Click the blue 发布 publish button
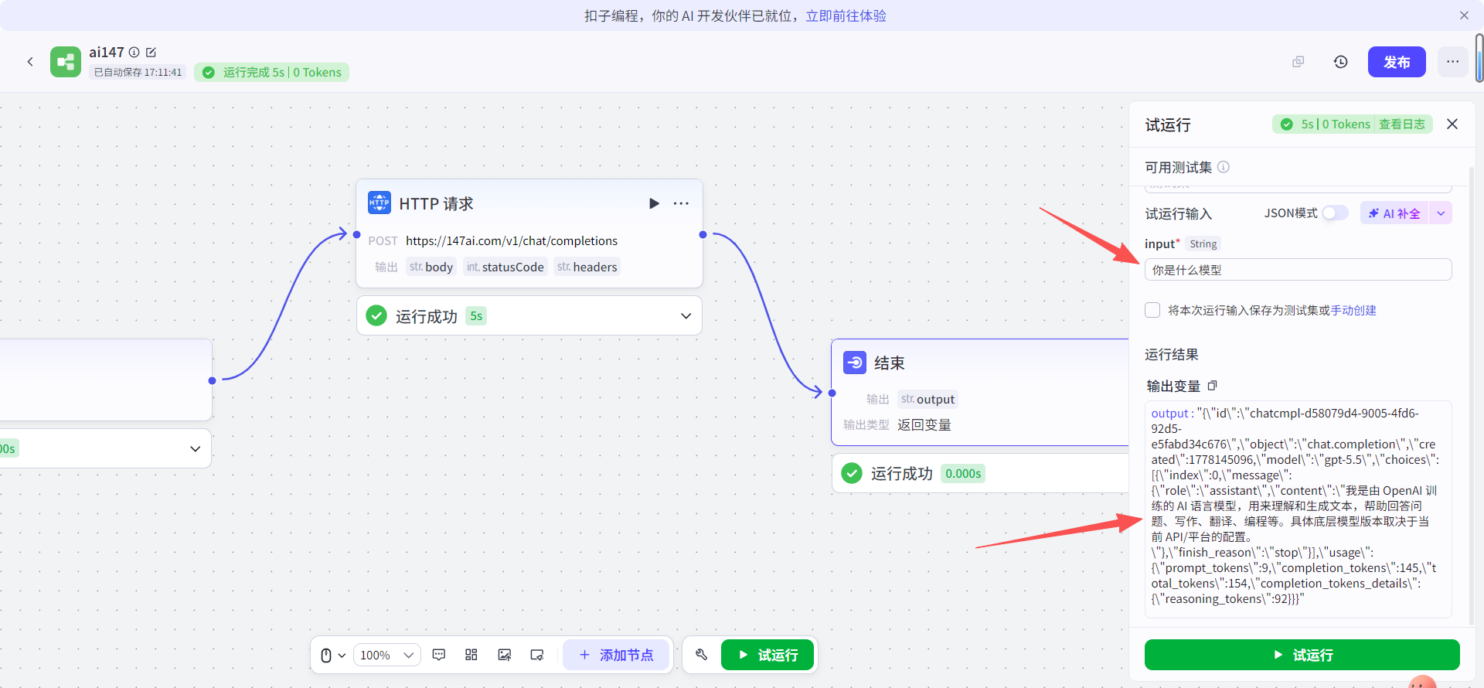pos(1397,62)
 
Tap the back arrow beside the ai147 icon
pos(30,62)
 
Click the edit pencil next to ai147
pos(151,53)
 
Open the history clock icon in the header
pos(1341,62)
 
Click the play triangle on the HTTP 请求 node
pos(654,203)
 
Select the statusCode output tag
pos(505,267)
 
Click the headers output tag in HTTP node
pos(587,267)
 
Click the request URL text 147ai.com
pos(512,241)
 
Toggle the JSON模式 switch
pos(1335,213)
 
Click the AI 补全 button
pos(1395,213)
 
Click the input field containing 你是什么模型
pos(1298,270)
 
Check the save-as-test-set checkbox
pos(1152,310)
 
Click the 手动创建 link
pos(1353,311)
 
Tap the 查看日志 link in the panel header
pos(1402,124)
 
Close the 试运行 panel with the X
pos(1452,124)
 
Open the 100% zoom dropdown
pos(387,656)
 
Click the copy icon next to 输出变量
pos(1213,386)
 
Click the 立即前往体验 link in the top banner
pos(846,16)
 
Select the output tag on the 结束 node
pos(927,400)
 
